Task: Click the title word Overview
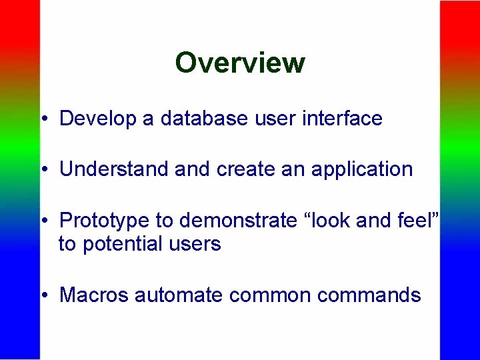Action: (240, 63)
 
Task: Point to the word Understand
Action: (114, 169)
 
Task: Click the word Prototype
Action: (104, 220)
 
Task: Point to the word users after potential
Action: (194, 244)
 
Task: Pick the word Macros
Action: (94, 295)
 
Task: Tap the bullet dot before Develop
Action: (43, 120)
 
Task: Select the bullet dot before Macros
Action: (43, 296)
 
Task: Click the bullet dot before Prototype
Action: (43, 221)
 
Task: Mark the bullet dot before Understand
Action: (43, 170)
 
